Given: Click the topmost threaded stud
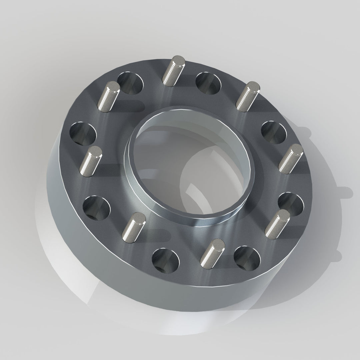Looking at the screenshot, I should (x=173, y=71).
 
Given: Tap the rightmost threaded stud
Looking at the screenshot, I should (x=291, y=158).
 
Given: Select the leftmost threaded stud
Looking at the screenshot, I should (x=90, y=161).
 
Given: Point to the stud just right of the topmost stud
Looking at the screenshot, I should (x=247, y=96).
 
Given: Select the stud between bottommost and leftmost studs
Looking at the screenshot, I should (x=134, y=227).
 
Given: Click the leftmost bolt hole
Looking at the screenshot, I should (x=83, y=133).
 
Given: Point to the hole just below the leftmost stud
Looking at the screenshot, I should (x=96, y=207).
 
